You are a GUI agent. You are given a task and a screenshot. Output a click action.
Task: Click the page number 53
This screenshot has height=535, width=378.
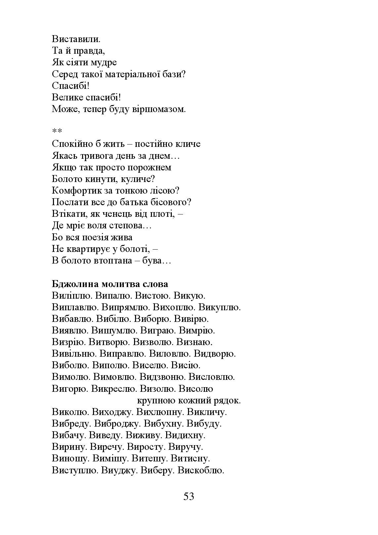coord(189,496)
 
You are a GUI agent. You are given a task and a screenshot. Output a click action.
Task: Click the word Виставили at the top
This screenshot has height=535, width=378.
coord(76,39)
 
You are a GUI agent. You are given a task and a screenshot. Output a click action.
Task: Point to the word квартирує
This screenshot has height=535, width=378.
coord(86,249)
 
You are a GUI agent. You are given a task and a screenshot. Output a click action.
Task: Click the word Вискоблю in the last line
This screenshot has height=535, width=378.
coord(201,470)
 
